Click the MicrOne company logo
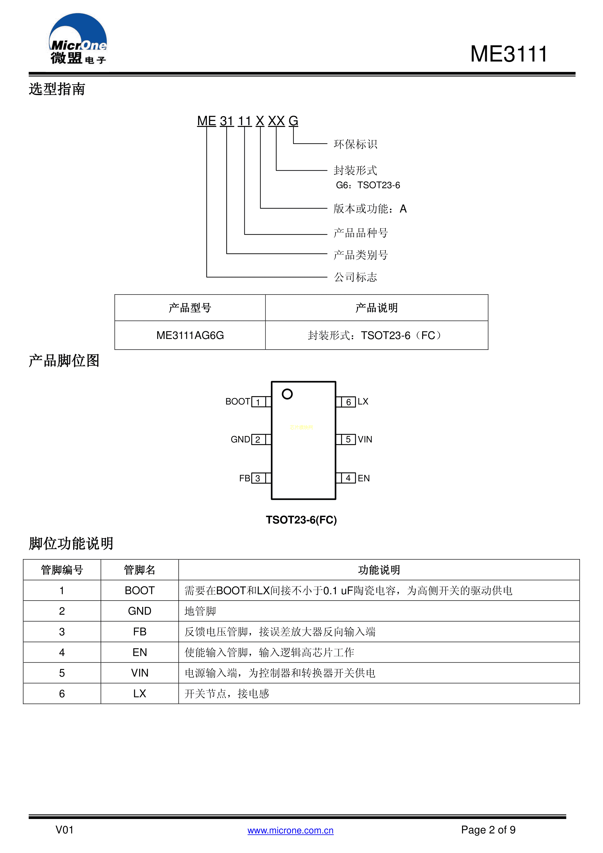78,39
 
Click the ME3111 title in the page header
509,54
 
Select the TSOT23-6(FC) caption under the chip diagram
301,520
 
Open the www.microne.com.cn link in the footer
290,830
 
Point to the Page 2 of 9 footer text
488,830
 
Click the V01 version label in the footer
65,830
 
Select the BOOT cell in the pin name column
140,590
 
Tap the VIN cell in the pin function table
140,673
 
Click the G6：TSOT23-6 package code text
368,185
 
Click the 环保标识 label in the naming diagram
355,144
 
